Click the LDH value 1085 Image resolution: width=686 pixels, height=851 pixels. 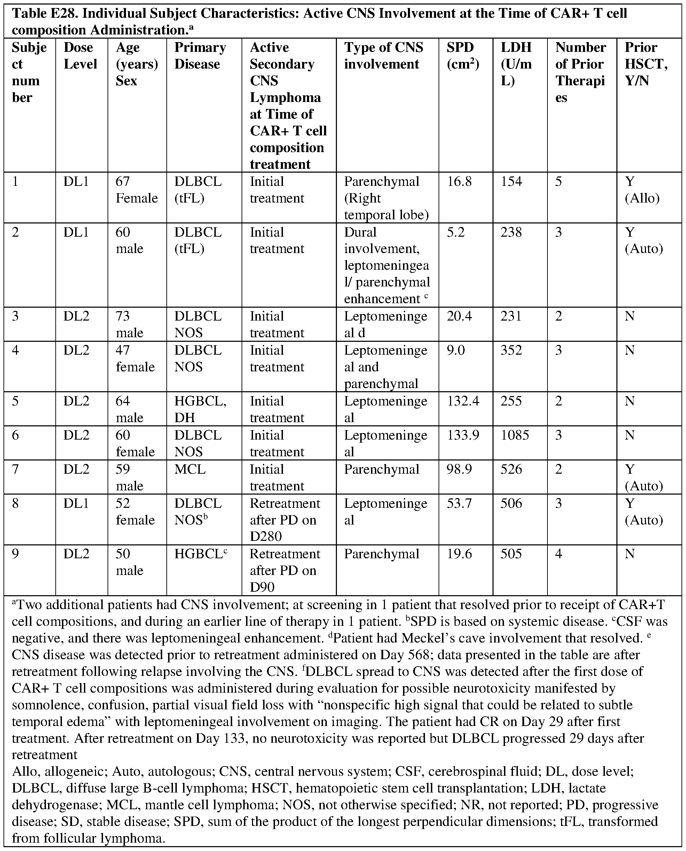(x=515, y=435)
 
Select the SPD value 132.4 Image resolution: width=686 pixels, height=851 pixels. (x=463, y=401)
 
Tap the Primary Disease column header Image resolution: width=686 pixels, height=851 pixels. (x=200, y=56)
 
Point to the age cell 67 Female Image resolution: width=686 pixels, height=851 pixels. (x=136, y=190)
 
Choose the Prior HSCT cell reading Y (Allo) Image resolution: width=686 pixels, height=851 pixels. (x=642, y=190)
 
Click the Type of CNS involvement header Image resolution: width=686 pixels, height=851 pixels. (x=383, y=56)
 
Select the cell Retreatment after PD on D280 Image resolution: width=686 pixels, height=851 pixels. (x=284, y=520)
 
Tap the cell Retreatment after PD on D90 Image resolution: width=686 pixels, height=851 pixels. (x=284, y=570)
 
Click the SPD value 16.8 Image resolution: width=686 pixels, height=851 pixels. (x=459, y=181)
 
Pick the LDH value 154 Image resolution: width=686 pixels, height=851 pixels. (x=511, y=181)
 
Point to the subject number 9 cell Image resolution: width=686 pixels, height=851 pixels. (x=15, y=553)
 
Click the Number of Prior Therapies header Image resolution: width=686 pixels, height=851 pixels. (x=580, y=72)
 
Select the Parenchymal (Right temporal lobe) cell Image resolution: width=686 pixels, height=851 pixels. (x=386, y=198)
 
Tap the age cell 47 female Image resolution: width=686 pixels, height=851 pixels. (x=135, y=359)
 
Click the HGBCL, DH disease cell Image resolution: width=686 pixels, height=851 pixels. (x=200, y=409)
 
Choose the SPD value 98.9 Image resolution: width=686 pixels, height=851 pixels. (x=459, y=469)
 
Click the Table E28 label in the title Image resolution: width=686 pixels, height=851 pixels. (x=44, y=14)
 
